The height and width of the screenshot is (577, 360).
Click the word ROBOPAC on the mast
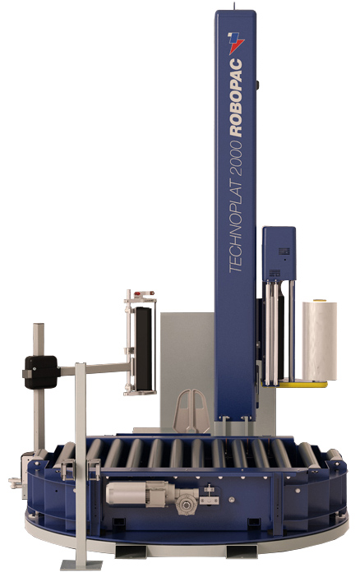pyautogui.click(x=236, y=99)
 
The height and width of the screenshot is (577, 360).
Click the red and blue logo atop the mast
pyautogui.click(x=236, y=43)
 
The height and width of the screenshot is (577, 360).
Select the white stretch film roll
pyautogui.click(x=320, y=341)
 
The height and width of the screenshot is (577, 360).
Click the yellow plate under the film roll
pyautogui.click(x=297, y=384)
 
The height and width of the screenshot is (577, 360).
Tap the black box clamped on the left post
pyautogui.click(x=41, y=372)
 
